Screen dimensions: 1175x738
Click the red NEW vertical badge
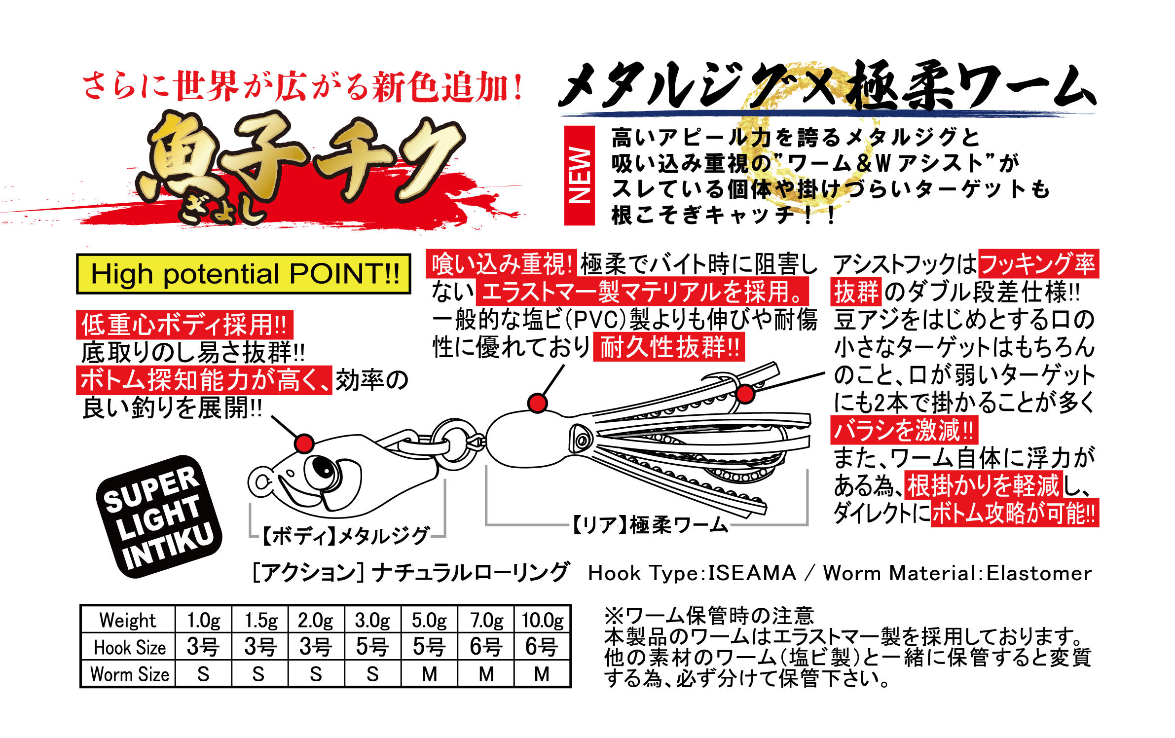(579, 175)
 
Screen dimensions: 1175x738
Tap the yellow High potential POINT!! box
(243, 274)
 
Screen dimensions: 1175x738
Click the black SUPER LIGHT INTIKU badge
(159, 516)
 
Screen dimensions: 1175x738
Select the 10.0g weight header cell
(543, 620)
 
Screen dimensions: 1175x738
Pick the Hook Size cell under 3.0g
(372, 646)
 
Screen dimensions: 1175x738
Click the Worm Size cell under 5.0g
(429, 673)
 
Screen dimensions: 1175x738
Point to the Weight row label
(128, 620)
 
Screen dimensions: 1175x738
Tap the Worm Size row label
(130, 673)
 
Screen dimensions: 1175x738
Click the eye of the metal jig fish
(323, 469)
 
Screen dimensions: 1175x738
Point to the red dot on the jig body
(304, 443)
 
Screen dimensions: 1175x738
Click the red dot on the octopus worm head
(537, 403)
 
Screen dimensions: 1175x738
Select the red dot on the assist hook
(745, 394)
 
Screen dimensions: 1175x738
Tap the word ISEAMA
(752, 573)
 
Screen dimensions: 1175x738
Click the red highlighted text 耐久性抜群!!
(669, 347)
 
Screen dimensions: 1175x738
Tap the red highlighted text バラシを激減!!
(904, 430)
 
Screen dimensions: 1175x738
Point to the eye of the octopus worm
(581, 440)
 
